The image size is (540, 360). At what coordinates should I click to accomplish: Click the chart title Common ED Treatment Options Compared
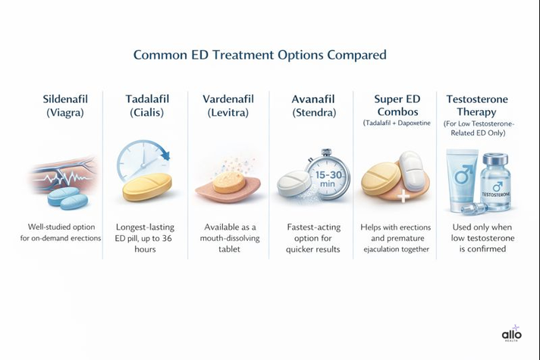coord(259,55)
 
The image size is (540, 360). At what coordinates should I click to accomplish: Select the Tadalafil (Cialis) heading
coord(147,106)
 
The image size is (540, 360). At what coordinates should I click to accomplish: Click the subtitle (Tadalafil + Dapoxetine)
coord(395,123)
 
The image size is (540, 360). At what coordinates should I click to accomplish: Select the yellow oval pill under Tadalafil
coord(148,186)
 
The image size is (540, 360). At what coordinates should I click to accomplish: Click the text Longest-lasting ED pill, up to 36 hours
coord(147,237)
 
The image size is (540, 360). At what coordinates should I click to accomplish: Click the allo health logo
coord(512,334)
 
